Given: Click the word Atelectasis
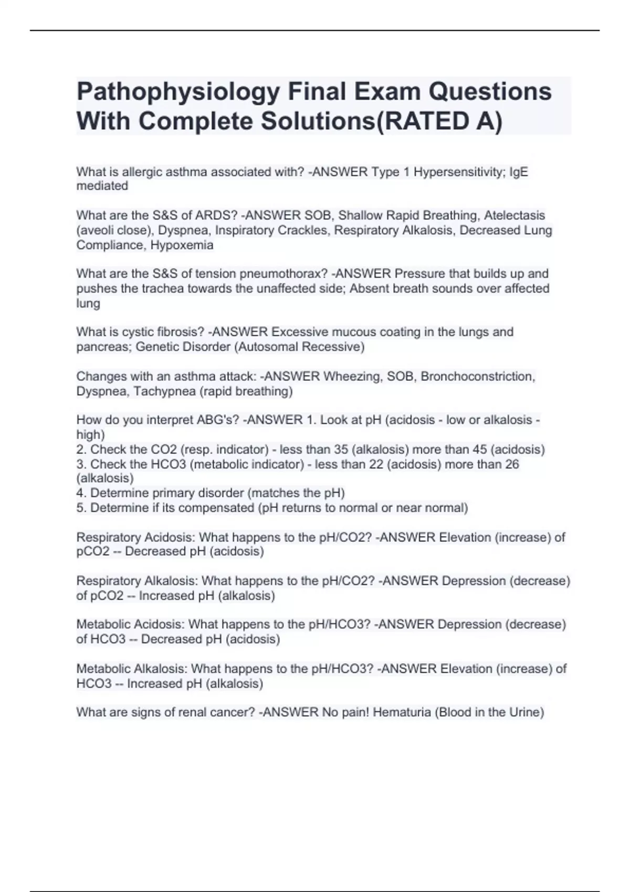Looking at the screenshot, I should point(514,216).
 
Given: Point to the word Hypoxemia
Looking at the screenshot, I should point(182,245).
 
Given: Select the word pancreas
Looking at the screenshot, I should point(102,347).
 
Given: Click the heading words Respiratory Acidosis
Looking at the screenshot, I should point(135,537).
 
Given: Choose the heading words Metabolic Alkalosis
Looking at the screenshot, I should point(131,669).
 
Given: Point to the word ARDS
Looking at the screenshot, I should point(212,216).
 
